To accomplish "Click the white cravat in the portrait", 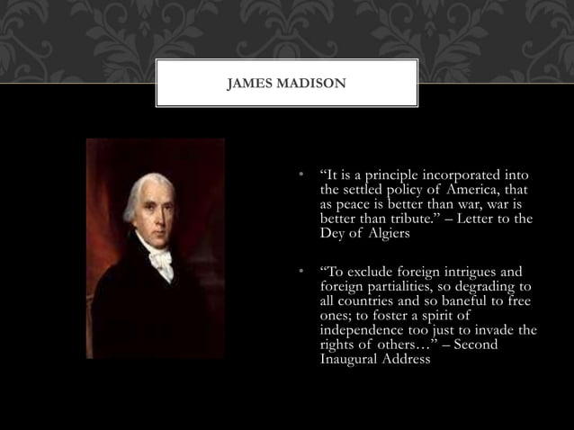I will click(161, 261).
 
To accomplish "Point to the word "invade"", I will click(502, 330).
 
